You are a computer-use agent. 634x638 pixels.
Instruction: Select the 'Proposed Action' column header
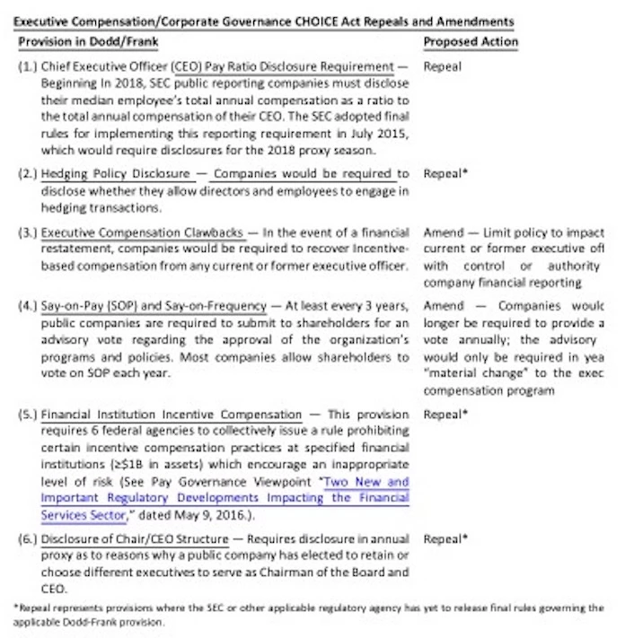pos(471,41)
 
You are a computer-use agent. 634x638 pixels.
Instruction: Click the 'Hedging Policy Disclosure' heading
pos(115,173)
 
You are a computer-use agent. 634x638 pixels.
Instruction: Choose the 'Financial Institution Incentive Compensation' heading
pos(171,415)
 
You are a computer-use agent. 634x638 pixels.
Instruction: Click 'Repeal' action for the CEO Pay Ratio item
pos(442,66)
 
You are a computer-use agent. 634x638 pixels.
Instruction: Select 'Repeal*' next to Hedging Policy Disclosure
pos(445,173)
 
